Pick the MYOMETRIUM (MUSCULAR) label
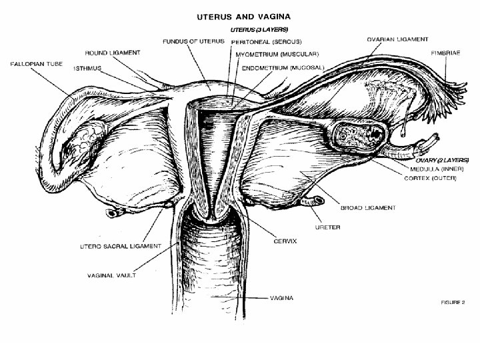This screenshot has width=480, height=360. pyautogui.click(x=274, y=53)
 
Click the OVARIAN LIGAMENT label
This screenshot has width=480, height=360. pyautogui.click(x=397, y=39)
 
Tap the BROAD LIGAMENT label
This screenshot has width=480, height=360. pyautogui.click(x=367, y=207)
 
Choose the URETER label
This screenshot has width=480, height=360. pyautogui.click(x=327, y=227)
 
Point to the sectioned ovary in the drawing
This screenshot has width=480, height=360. pyautogui.click(x=359, y=133)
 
